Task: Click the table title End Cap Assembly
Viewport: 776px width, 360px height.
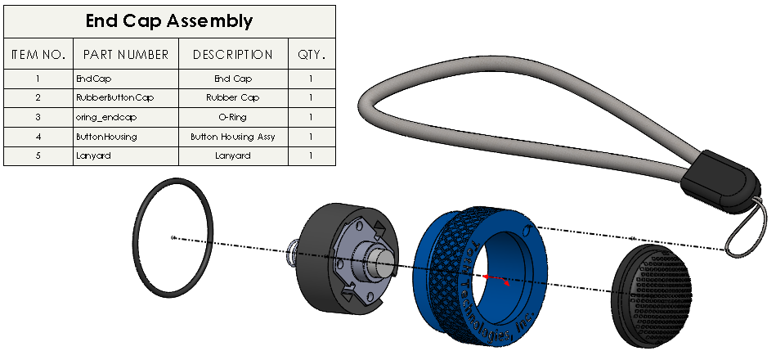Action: [169, 21]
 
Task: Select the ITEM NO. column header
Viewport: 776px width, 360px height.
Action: [38, 55]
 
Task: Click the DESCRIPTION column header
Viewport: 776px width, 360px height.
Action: [232, 55]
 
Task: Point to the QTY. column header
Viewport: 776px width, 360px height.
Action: [312, 55]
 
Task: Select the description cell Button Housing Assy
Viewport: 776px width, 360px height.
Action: [232, 137]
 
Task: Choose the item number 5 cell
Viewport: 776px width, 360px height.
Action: [38, 155]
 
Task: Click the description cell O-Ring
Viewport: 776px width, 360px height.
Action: [232, 117]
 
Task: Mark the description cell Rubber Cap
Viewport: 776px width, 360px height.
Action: [232, 97]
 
